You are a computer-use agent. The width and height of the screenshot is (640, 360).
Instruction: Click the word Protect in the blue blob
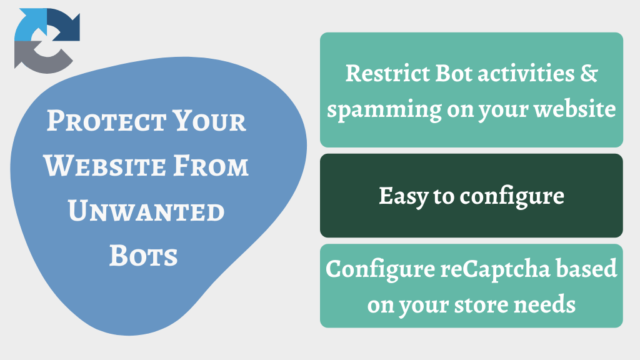106,121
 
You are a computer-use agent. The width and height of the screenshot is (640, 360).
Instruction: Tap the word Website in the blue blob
104,166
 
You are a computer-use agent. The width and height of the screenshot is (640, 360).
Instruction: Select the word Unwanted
146,211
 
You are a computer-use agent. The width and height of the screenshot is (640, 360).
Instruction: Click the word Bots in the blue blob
143,256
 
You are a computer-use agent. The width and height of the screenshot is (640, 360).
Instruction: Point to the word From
211,166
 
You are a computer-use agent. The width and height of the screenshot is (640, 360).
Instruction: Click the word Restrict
387,74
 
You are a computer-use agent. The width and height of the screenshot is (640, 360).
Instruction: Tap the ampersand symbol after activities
589,73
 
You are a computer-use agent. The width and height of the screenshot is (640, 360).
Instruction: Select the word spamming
384,110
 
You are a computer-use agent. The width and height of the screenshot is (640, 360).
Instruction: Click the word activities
526,73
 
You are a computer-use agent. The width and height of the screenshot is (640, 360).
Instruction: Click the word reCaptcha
495,270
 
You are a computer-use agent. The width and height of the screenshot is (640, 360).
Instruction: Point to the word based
587,269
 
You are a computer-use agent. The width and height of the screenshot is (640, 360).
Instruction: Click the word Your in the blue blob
209,121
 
